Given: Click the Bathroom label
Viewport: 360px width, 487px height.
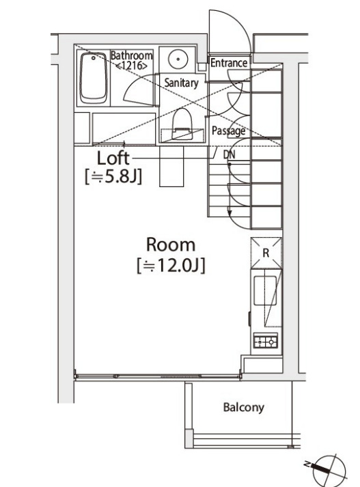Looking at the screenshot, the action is point(131,55).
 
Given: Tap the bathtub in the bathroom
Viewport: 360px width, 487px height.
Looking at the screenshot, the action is point(93,78).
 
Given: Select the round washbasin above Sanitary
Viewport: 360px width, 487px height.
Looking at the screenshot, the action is point(178,58).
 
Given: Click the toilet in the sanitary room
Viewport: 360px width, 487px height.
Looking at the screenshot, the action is point(182,124).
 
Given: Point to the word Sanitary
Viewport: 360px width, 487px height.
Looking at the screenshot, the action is point(182,83).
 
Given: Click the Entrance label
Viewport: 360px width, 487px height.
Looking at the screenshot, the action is point(229,63).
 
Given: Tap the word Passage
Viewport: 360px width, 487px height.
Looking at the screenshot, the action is point(228,130).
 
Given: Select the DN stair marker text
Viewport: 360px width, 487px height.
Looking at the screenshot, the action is point(230,154).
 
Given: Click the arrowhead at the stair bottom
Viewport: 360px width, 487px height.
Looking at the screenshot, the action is point(230,214).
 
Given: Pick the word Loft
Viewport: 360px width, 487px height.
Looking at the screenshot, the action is point(113,158).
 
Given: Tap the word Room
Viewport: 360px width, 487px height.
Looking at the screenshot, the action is point(171,245).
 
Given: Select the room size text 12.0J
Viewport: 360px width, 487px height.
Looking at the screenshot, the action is point(171,266).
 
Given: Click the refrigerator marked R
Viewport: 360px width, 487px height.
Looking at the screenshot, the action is point(266,253).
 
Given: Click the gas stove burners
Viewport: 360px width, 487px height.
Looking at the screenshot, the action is point(266,342).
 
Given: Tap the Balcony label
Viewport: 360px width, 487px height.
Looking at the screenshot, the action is point(244,407).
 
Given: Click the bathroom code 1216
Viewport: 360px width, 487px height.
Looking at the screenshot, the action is point(131,66).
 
